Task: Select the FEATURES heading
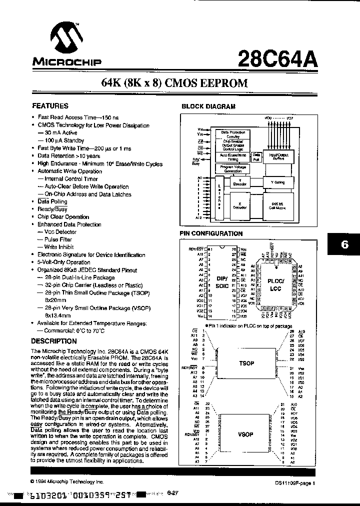pyautogui.click(x=50, y=106)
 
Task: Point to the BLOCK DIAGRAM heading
pyautogui.click(x=207, y=106)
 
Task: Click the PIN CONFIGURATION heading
pyautogui.click(x=211, y=233)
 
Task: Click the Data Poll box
pyautogui.click(x=256, y=157)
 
